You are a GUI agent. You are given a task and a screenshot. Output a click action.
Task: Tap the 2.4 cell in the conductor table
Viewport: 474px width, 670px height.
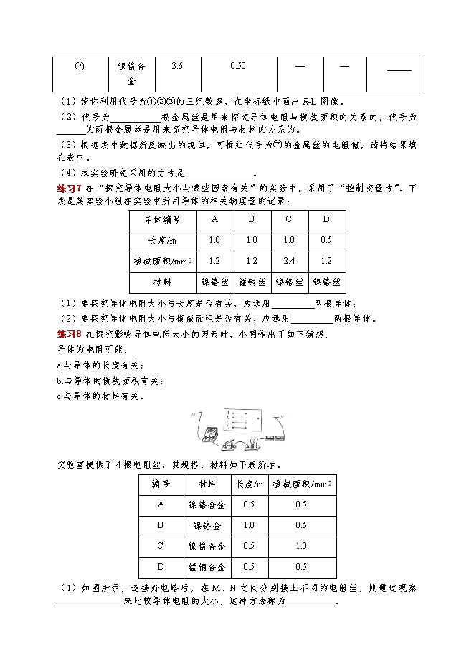click(x=289, y=261)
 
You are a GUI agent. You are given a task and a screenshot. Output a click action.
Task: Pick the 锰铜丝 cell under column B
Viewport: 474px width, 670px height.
click(x=252, y=282)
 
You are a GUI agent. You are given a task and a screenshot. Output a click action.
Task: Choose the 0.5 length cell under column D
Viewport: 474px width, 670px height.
click(x=326, y=240)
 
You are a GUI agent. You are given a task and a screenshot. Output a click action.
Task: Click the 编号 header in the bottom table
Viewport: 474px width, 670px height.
click(x=161, y=484)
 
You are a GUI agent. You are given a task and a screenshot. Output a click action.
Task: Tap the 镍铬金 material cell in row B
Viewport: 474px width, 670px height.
click(x=207, y=525)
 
